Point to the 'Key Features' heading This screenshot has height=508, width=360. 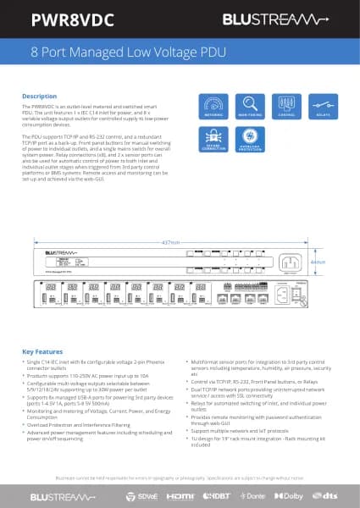coord(42,351)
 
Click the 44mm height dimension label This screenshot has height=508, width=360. coord(318,262)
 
